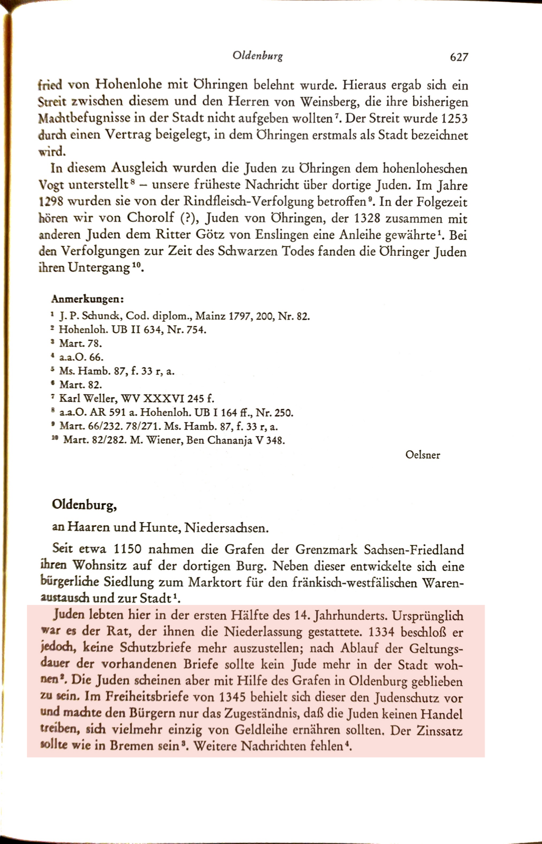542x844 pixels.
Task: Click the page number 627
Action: (459, 57)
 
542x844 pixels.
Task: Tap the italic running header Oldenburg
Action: (258, 56)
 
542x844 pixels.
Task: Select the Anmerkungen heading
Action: (87, 300)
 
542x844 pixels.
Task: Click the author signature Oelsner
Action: (422, 455)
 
